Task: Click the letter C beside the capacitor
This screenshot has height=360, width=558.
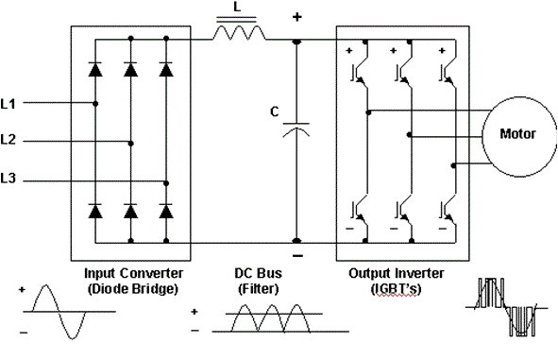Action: [274, 111]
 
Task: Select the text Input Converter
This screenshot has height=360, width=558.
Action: [126, 274]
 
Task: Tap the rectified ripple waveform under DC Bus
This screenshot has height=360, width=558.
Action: [262, 319]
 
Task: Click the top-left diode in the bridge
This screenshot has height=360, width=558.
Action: [95, 69]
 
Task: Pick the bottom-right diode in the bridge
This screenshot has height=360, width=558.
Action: [166, 212]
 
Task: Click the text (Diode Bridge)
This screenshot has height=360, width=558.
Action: [126, 289]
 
